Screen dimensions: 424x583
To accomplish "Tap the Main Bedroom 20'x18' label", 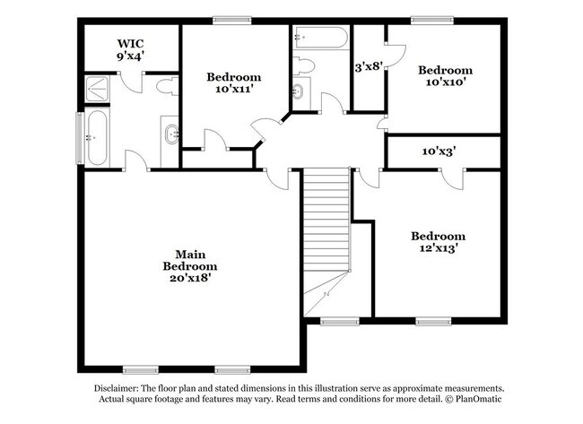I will tap(189, 265).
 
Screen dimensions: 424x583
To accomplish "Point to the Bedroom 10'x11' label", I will tap(233, 83).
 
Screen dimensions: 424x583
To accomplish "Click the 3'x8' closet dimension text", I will tap(368, 66).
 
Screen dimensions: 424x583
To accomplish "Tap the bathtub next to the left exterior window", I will tap(96, 138).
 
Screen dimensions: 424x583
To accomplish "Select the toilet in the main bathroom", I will tap(164, 88).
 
